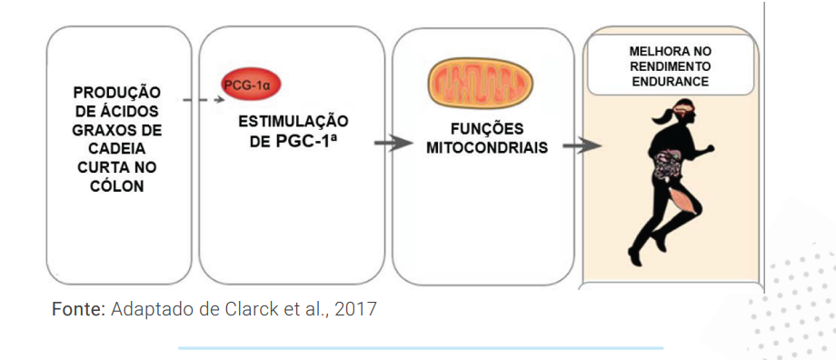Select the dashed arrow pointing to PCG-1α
[x=203, y=99]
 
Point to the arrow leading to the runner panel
[x=582, y=145]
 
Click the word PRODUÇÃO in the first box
[x=117, y=92]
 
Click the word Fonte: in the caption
[x=78, y=309]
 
